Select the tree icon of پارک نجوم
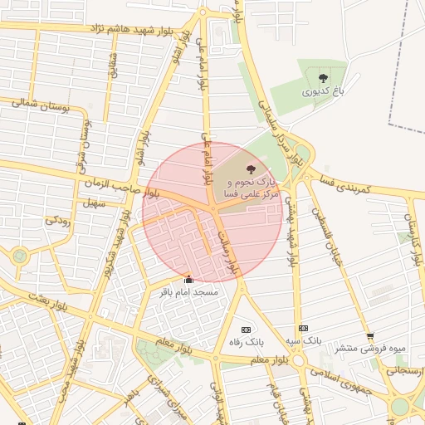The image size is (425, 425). [x=252, y=169]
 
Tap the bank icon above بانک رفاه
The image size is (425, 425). [x=245, y=329]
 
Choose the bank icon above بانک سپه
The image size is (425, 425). [x=303, y=329]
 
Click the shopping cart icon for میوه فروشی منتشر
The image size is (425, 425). [x=369, y=337]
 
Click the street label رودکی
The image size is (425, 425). [x=57, y=220]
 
